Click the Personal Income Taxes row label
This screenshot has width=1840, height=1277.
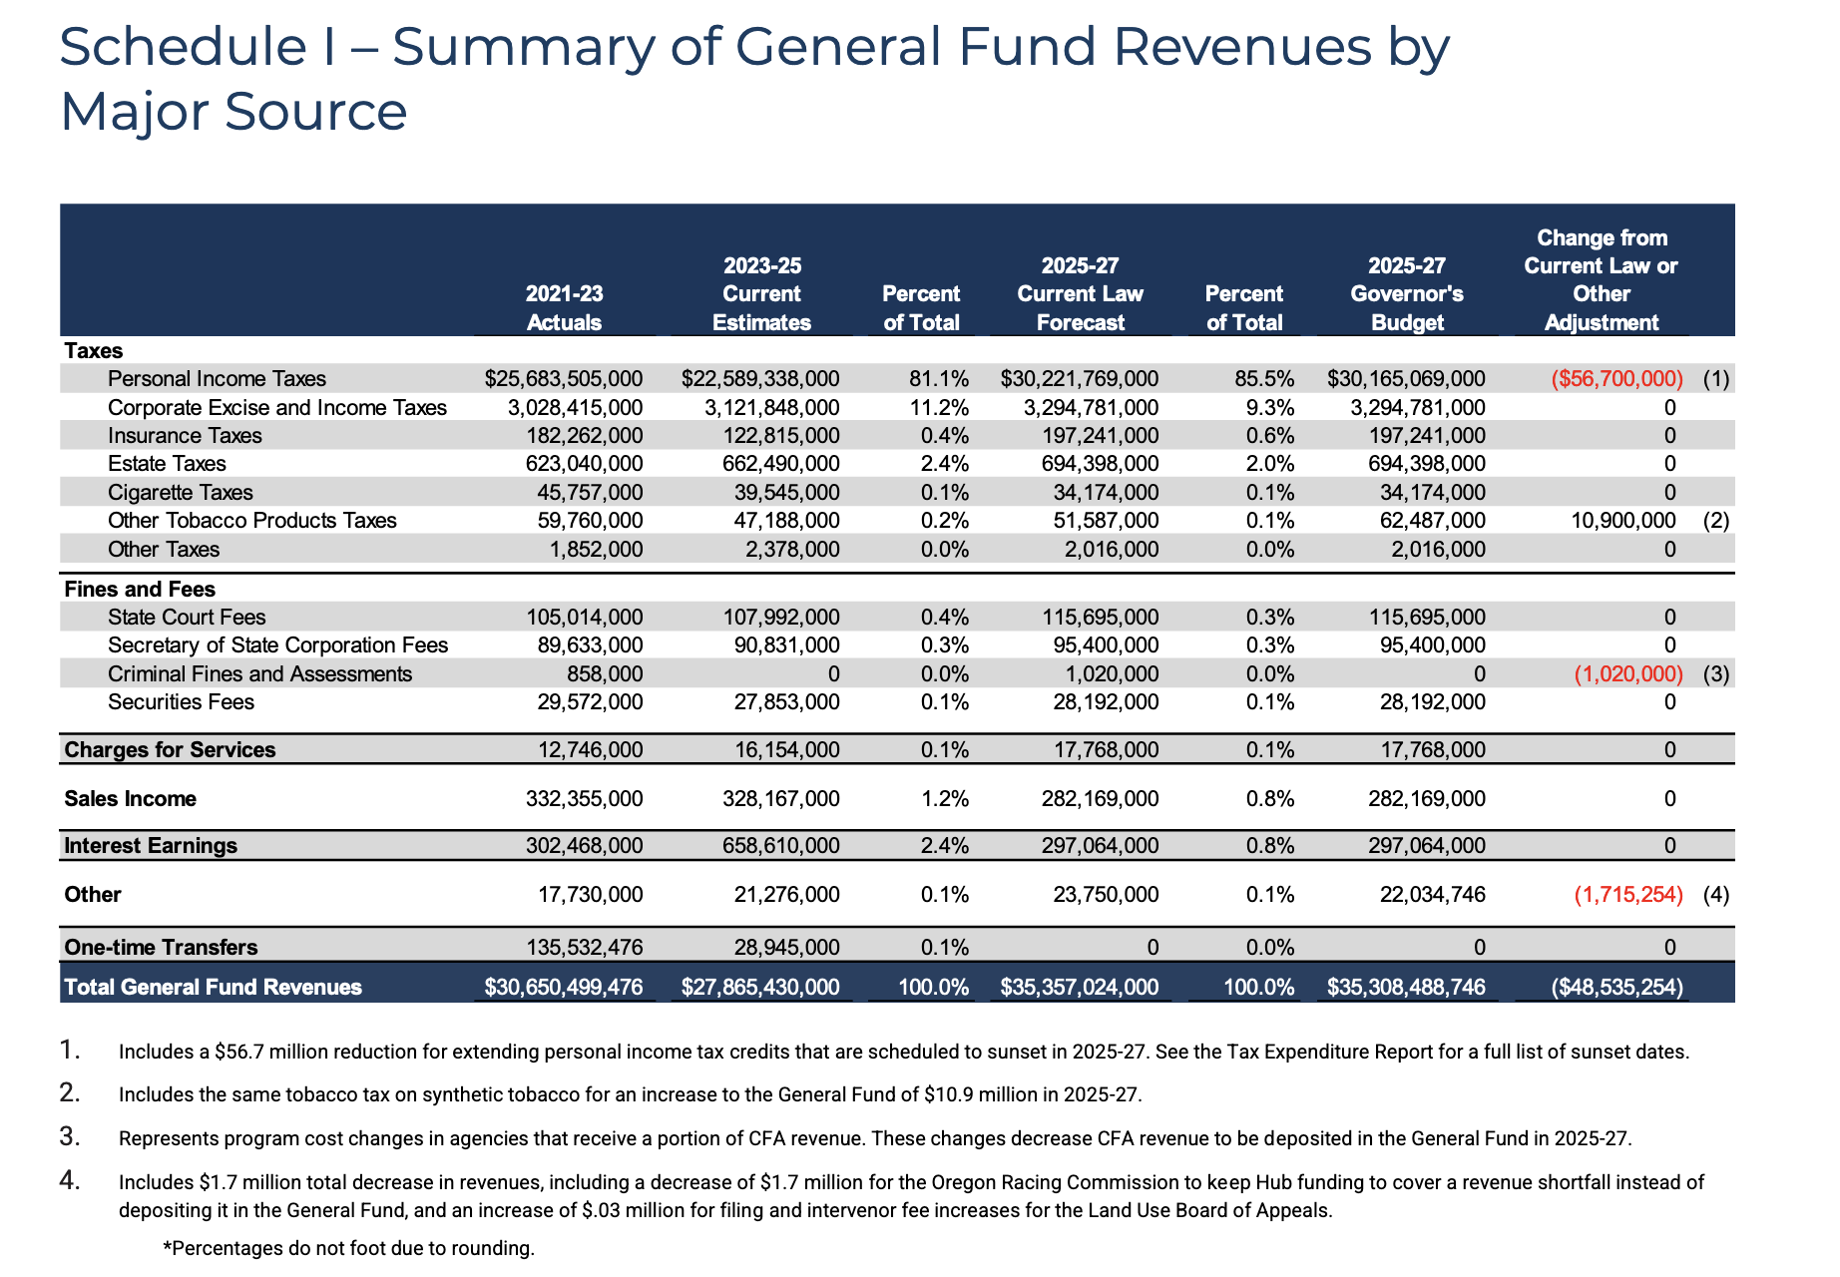click(217, 379)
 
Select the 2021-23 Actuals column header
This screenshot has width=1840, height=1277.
click(564, 308)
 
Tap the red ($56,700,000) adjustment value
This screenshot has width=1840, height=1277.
click(1617, 379)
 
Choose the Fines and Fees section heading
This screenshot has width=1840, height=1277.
click(140, 590)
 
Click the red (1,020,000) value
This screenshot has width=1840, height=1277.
click(1628, 674)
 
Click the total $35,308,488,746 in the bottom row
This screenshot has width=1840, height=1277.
click(1406, 988)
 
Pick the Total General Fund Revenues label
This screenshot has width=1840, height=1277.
click(213, 988)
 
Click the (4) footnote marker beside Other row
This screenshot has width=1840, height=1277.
click(1716, 895)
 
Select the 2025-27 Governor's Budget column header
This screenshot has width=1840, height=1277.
click(1407, 294)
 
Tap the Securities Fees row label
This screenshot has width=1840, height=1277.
click(181, 702)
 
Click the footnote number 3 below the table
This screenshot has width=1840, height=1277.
click(69, 1136)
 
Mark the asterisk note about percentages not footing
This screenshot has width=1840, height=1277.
click(349, 1248)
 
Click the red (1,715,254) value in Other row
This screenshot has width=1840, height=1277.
click(1628, 895)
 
